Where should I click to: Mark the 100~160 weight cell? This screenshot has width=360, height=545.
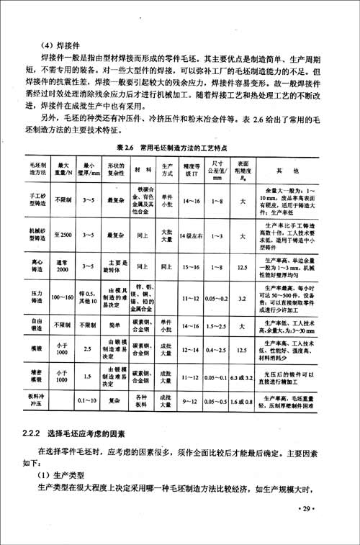pyautogui.click(x=63, y=297)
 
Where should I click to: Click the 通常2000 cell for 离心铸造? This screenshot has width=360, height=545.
pyautogui.click(x=63, y=266)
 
